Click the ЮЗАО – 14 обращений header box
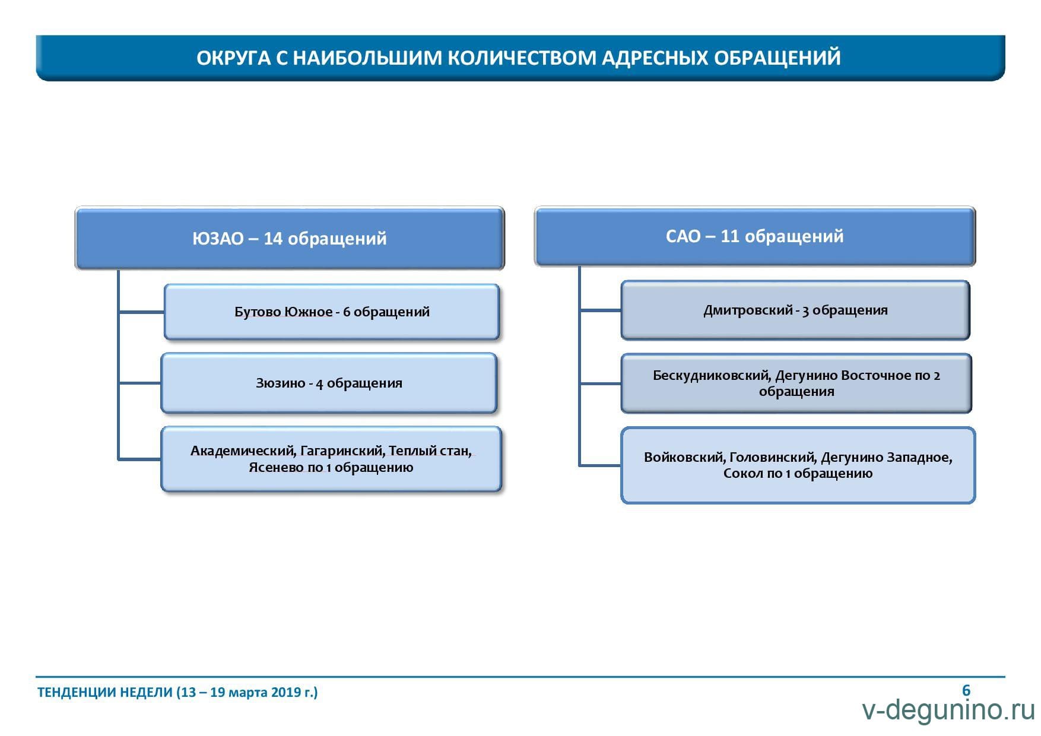pyautogui.click(x=290, y=238)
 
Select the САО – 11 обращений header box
pyautogui.click(x=755, y=236)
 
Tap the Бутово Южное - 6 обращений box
pyautogui.click(x=332, y=312)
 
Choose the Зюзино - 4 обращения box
pyautogui.click(x=329, y=383)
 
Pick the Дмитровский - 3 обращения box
pyautogui.click(x=795, y=310)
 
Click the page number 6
pyautogui.click(x=966, y=690)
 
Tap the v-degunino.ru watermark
pyautogui.click(x=948, y=710)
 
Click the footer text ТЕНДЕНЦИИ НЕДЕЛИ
pyautogui.click(x=105, y=692)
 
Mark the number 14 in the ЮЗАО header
pyautogui.click(x=273, y=239)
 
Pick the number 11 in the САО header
pyautogui.click(x=730, y=236)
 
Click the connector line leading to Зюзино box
pyautogui.click(x=140, y=383)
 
